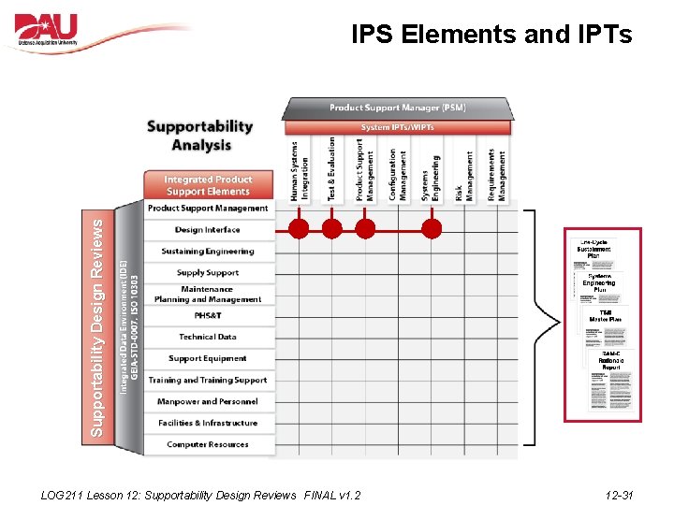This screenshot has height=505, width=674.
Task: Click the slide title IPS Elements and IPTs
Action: (491, 36)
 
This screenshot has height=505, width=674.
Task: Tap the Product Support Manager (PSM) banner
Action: (398, 108)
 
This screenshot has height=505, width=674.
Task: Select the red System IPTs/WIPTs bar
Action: (398, 128)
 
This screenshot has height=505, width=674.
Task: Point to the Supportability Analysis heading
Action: (200, 136)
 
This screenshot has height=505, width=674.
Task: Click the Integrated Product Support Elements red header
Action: (208, 184)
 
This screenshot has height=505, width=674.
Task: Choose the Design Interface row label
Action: (208, 230)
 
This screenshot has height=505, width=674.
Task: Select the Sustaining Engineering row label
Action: (208, 252)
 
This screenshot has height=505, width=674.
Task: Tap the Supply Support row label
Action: (208, 273)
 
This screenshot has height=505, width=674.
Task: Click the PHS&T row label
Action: (208, 316)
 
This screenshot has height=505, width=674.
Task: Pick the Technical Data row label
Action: (208, 337)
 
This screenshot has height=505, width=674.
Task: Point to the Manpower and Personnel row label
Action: (208, 401)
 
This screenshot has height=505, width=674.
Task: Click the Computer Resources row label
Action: (208, 444)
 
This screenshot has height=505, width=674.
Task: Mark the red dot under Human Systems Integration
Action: (299, 228)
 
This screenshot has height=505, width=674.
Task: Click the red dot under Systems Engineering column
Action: (432, 228)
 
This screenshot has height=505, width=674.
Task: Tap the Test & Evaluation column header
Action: (331, 169)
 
